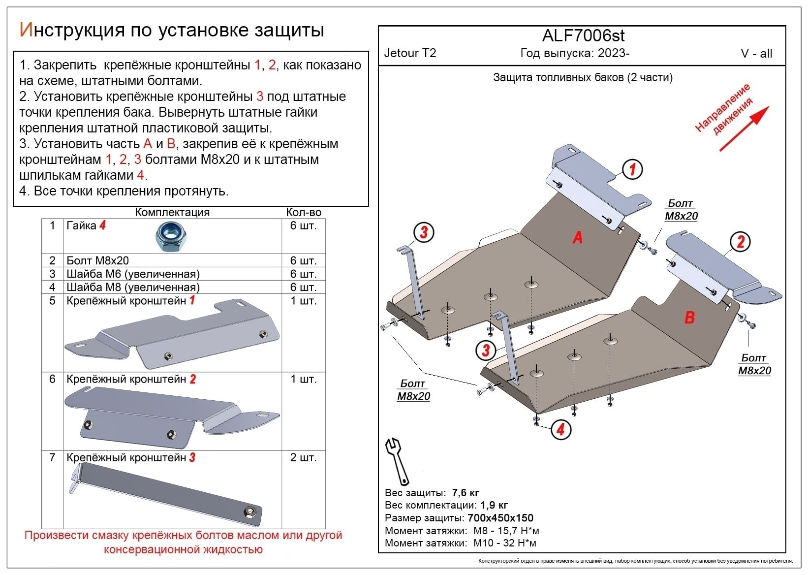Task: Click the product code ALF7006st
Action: coord(583,36)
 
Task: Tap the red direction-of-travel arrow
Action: coord(744,128)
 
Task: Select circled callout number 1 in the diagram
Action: coord(632,169)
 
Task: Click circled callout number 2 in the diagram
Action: coord(740,242)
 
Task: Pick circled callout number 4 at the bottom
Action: coord(560,430)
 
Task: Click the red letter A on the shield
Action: coord(577,237)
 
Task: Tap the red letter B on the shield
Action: coord(689,318)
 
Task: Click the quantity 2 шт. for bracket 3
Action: coord(303,458)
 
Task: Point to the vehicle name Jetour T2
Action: coord(410,53)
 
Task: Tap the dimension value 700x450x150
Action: coord(500,518)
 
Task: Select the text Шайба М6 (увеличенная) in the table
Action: coord(133,274)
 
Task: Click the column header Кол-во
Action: coord(304,212)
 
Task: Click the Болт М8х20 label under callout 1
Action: coord(681,210)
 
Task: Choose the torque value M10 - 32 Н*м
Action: coord(504,543)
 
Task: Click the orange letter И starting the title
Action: coord(26,30)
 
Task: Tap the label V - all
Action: coord(756,54)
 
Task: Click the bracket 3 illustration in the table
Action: coord(167,495)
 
